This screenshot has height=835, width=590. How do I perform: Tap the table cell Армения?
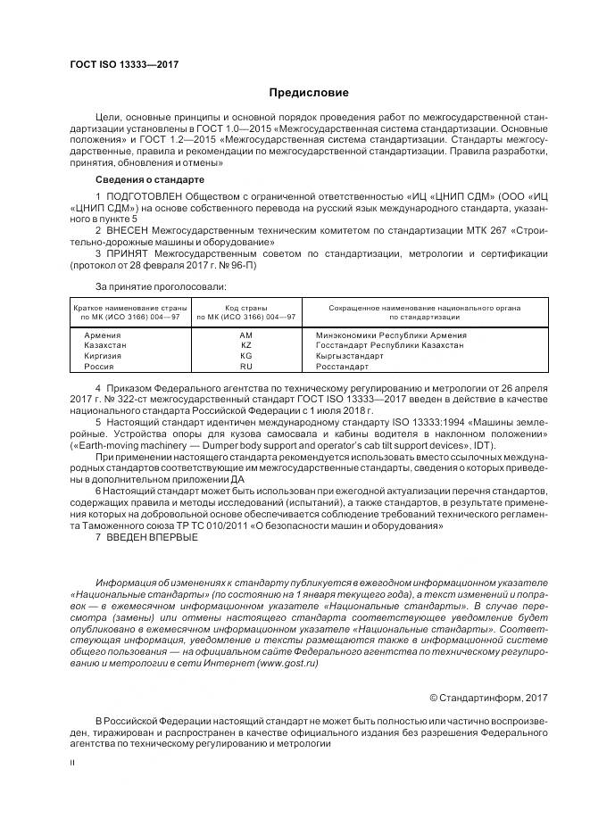pyautogui.click(x=103, y=335)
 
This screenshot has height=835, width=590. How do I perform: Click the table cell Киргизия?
pyautogui.click(x=104, y=356)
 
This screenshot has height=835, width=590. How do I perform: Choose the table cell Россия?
pyautogui.click(x=99, y=367)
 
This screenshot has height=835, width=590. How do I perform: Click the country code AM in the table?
pyautogui.click(x=246, y=335)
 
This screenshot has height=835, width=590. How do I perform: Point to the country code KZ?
pyautogui.click(x=246, y=345)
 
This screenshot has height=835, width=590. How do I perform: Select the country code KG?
pyautogui.click(x=246, y=356)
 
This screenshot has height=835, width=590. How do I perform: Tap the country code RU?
pyautogui.click(x=246, y=367)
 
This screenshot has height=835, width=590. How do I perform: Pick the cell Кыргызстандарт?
pyautogui.click(x=350, y=356)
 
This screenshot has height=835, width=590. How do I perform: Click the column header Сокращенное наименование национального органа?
pyautogui.click(x=425, y=307)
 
